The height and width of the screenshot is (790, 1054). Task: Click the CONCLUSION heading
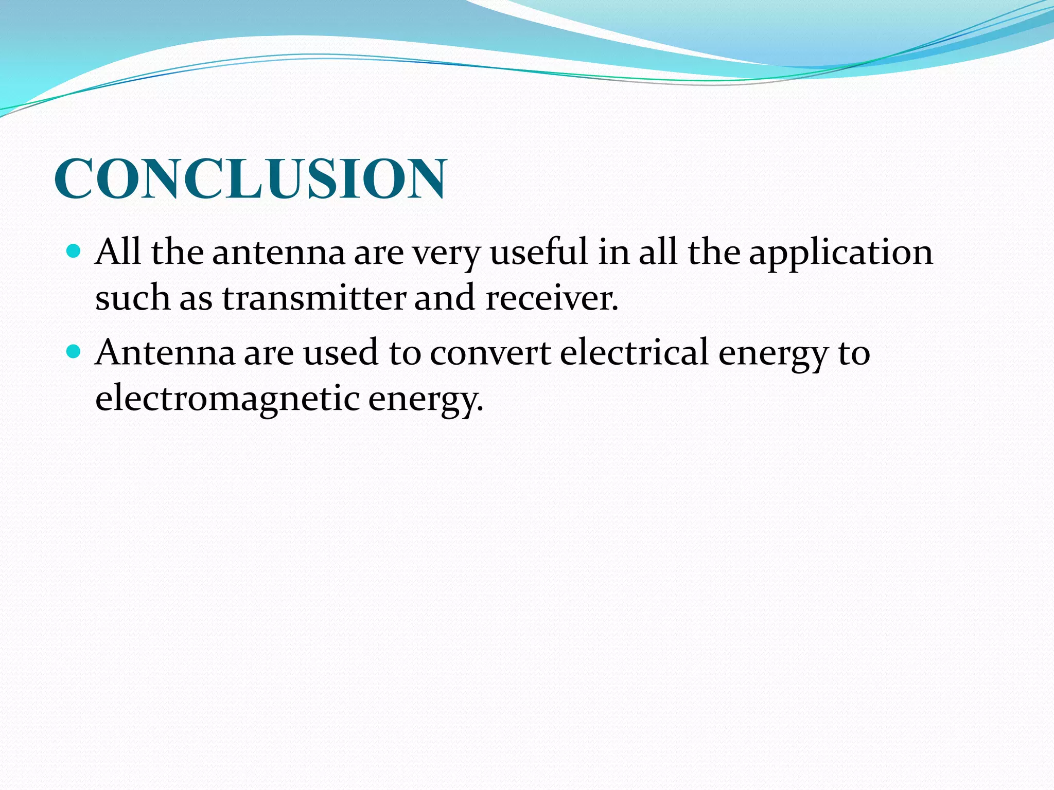(250, 178)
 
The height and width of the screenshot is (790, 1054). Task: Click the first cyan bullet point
(74, 252)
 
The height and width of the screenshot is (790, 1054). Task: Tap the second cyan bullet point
(74, 351)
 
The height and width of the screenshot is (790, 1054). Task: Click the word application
(840, 253)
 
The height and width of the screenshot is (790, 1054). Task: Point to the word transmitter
(314, 298)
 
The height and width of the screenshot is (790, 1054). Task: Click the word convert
(490, 353)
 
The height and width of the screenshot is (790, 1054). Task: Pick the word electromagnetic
(227, 399)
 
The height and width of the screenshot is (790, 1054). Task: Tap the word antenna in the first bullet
(278, 253)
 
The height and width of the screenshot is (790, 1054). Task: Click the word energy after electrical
(773, 354)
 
